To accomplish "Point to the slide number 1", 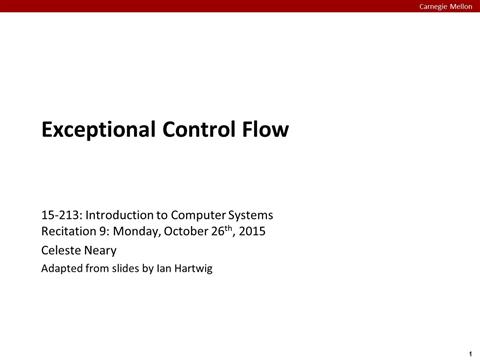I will pos(469,353).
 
